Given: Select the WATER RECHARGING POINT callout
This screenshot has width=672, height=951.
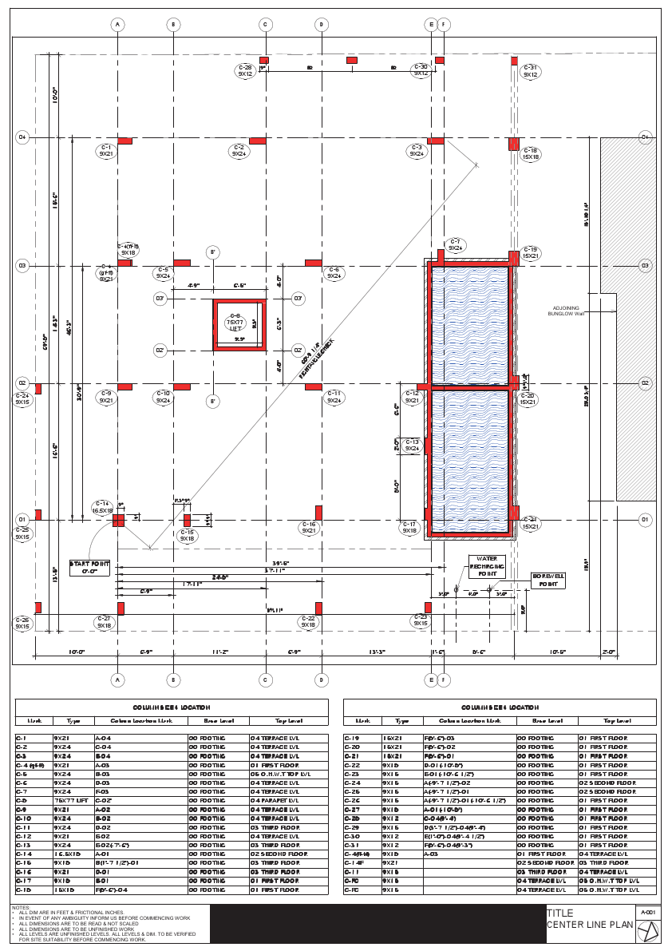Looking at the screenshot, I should (x=487, y=566).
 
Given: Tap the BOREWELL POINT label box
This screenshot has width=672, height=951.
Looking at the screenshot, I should (x=548, y=580).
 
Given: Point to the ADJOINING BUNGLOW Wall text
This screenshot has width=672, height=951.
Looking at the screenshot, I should (x=567, y=311).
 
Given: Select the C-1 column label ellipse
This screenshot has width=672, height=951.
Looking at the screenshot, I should (x=106, y=151).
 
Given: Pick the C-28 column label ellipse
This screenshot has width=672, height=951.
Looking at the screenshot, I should (x=245, y=70).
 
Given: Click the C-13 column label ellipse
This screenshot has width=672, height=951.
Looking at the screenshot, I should (x=413, y=445).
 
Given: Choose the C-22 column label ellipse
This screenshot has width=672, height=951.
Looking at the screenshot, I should (x=309, y=622).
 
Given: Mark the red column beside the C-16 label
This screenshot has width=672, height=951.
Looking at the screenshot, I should (x=318, y=513).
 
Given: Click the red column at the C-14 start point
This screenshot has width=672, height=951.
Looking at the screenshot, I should (x=118, y=521).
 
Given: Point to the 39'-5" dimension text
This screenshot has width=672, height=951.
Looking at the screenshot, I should (x=279, y=563).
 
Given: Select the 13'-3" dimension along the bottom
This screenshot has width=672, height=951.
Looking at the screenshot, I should (x=378, y=652).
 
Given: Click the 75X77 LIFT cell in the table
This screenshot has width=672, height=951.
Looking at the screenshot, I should (x=73, y=800).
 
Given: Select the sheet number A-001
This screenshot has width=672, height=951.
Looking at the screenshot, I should (x=648, y=911).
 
